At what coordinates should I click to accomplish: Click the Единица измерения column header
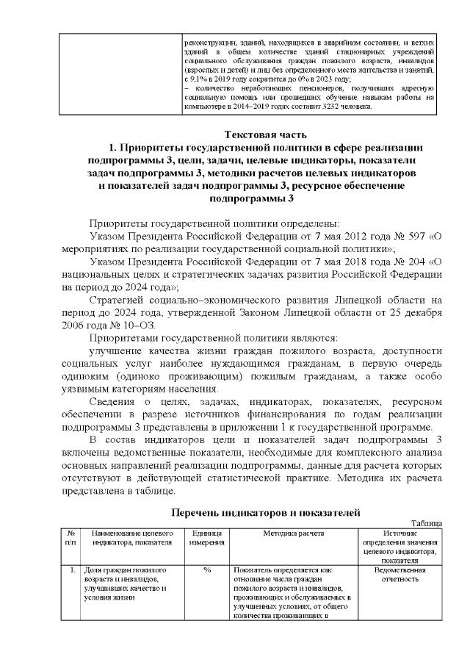click(206, 538)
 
